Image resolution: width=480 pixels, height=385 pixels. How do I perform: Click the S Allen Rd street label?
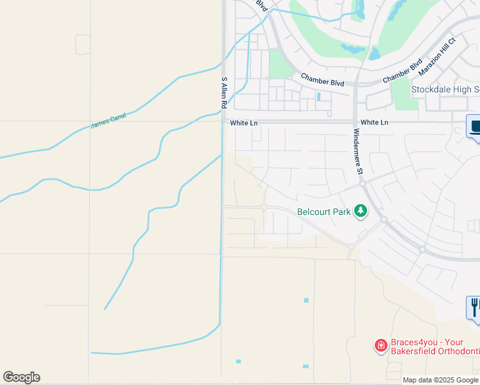pyautogui.click(x=224, y=93)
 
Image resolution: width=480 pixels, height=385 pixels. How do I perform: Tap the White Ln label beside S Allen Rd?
pyautogui.click(x=239, y=123)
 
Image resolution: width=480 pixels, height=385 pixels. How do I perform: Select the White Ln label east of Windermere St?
pyautogui.click(x=375, y=123)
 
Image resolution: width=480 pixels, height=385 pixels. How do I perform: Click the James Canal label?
pyautogui.click(x=108, y=120)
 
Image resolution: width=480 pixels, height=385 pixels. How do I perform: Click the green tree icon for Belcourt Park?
pyautogui.click(x=361, y=210)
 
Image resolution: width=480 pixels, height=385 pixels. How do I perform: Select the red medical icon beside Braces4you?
pyautogui.click(x=381, y=346)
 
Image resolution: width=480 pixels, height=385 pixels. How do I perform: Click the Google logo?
pyautogui.click(x=21, y=377)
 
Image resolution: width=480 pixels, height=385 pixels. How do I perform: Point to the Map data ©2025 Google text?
pyautogui.click(x=440, y=380)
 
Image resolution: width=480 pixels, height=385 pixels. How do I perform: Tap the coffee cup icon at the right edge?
pyautogui.click(x=475, y=126)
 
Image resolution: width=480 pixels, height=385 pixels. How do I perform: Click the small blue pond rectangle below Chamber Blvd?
pyautogui.click(x=318, y=96)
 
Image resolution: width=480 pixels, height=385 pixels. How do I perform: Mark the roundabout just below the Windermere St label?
pyautogui.click(x=363, y=184)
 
